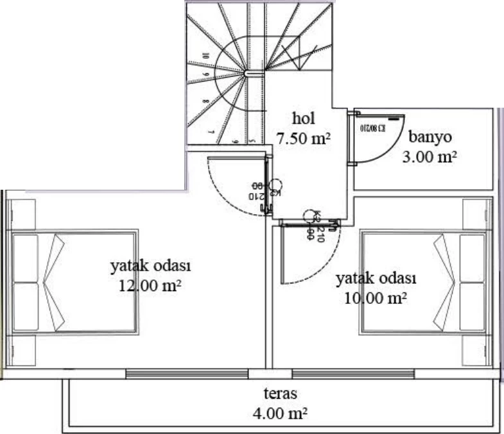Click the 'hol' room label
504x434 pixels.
302,119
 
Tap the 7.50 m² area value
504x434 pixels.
303,137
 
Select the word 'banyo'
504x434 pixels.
430,137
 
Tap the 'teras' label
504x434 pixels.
280,393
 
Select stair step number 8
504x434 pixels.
205,101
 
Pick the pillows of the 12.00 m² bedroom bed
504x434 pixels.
26,282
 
